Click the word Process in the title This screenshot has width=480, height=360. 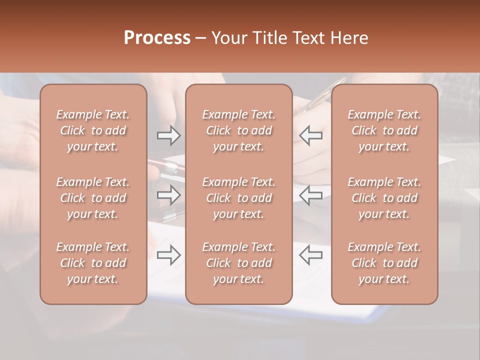point(157,38)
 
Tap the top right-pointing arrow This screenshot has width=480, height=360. point(168,135)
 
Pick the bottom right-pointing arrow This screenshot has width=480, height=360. point(168,255)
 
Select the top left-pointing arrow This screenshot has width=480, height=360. point(310,135)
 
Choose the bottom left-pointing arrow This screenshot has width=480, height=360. point(310,255)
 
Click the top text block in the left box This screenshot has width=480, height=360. point(93,130)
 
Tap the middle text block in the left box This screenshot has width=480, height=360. point(93,198)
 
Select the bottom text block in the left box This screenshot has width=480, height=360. point(93,263)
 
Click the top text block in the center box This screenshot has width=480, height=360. point(239,130)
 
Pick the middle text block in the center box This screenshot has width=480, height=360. point(239,198)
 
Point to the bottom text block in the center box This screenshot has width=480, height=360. point(239,263)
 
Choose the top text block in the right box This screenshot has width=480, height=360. point(384,130)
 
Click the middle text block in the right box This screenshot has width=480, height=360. point(384,198)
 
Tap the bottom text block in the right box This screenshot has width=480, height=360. point(384,263)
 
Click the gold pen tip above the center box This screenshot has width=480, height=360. point(342,79)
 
